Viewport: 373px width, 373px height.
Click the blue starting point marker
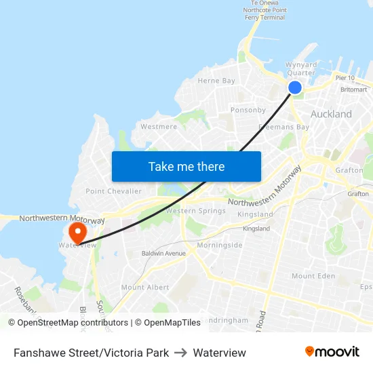tap(295, 87)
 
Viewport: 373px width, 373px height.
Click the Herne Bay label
tap(216, 81)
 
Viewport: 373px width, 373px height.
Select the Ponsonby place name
tap(248, 110)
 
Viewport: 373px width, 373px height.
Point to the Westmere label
tap(158, 126)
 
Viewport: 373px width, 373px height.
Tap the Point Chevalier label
tap(114, 191)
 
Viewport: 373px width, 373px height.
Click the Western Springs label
tap(196, 211)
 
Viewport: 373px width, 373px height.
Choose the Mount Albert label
tap(145, 288)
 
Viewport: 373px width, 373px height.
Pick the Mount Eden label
tap(313, 276)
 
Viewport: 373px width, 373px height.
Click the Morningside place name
tap(220, 245)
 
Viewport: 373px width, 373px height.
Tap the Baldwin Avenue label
tap(163, 254)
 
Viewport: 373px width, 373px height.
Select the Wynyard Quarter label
tap(300, 68)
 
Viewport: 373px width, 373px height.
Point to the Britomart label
tap(353, 90)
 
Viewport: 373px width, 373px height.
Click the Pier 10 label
tap(345, 78)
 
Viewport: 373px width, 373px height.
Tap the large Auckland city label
tap(331, 114)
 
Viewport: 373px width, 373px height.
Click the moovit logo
tap(332, 352)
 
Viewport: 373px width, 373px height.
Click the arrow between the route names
tap(181, 353)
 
